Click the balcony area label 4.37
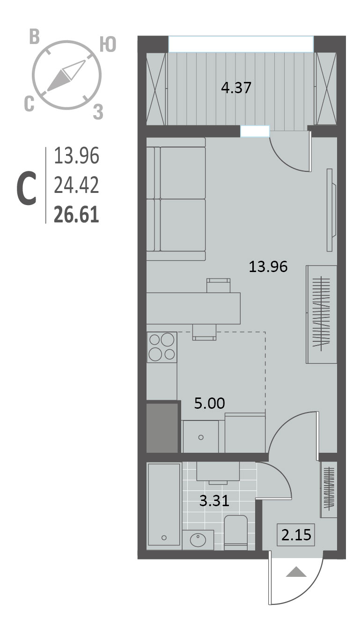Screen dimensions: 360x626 [x=236, y=88]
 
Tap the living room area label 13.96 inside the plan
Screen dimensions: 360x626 [x=268, y=266]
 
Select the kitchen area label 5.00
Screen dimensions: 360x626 [x=210, y=403]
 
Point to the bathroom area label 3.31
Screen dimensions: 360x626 [x=214, y=501]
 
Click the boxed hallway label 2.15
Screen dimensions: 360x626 [x=296, y=535]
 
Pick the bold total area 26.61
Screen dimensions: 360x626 [x=76, y=214]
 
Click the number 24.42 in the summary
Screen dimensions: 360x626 [x=76, y=185]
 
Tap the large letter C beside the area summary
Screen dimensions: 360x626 [x=27, y=189]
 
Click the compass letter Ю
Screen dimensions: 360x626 [x=108, y=45]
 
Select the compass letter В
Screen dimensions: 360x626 [x=34, y=37]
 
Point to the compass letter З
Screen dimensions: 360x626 [x=98, y=112]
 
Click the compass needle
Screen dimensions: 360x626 [x=66, y=75]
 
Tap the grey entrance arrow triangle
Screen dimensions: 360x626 [x=296, y=572]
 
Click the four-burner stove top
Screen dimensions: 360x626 [x=162, y=347]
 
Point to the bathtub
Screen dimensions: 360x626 [x=164, y=504]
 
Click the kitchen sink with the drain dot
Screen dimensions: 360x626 [x=200, y=436]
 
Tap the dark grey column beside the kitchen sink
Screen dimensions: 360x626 [x=162, y=427]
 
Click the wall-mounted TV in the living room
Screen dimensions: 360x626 [x=331, y=210]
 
